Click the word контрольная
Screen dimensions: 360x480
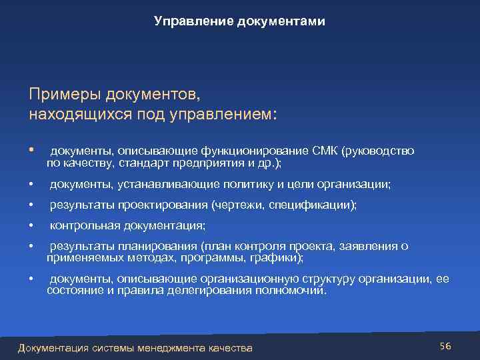click(83, 225)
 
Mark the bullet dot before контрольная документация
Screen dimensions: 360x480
click(31, 225)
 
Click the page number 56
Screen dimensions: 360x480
click(445, 345)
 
